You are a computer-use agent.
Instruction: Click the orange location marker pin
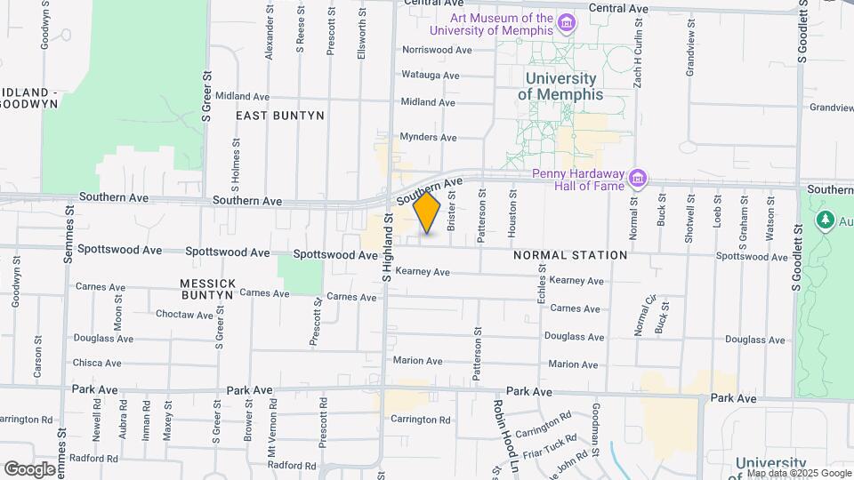pos(427,213)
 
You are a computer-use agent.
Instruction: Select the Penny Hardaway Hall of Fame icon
pos(637,179)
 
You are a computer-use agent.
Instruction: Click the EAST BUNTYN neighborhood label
pos(279,116)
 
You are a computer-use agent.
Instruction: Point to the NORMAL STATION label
pos(570,255)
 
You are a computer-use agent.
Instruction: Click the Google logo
pos(29,468)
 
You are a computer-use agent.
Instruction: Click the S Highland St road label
pos(387,247)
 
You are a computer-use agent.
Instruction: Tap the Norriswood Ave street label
pos(437,50)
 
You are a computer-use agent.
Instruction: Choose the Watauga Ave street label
pos(431,76)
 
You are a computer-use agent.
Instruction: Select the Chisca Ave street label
pos(96,363)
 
